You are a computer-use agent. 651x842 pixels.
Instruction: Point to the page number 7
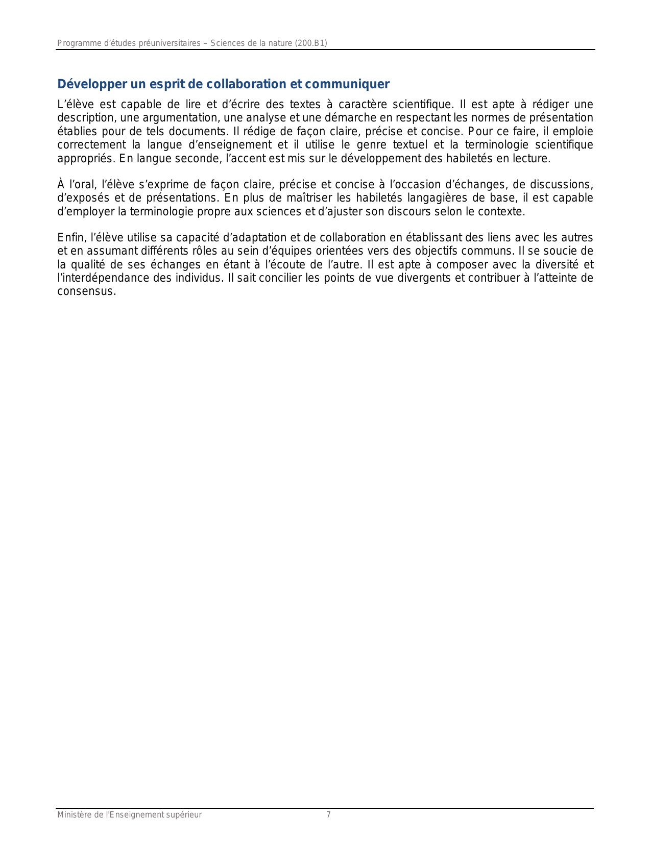tap(328, 815)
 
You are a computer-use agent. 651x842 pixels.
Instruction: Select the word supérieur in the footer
tap(184, 815)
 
